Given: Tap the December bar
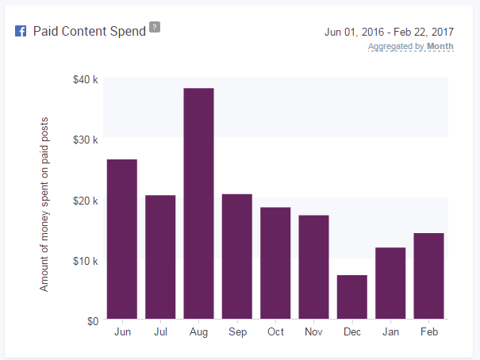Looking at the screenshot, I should [352, 297].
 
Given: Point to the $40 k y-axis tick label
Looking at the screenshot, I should [85, 79].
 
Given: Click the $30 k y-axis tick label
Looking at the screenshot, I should [85, 140].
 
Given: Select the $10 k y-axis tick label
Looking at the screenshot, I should [85, 261].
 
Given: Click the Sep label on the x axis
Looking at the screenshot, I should [237, 332].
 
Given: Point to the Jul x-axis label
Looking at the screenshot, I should [160, 332].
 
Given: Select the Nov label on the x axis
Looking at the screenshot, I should [313, 332].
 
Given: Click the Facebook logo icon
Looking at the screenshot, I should [21, 31].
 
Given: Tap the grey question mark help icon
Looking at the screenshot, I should [155, 27].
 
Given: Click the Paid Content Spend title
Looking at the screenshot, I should [90, 31].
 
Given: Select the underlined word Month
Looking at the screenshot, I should [440, 47].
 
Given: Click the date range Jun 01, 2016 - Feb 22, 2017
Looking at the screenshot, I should [389, 32].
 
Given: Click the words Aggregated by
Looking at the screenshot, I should [396, 47].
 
